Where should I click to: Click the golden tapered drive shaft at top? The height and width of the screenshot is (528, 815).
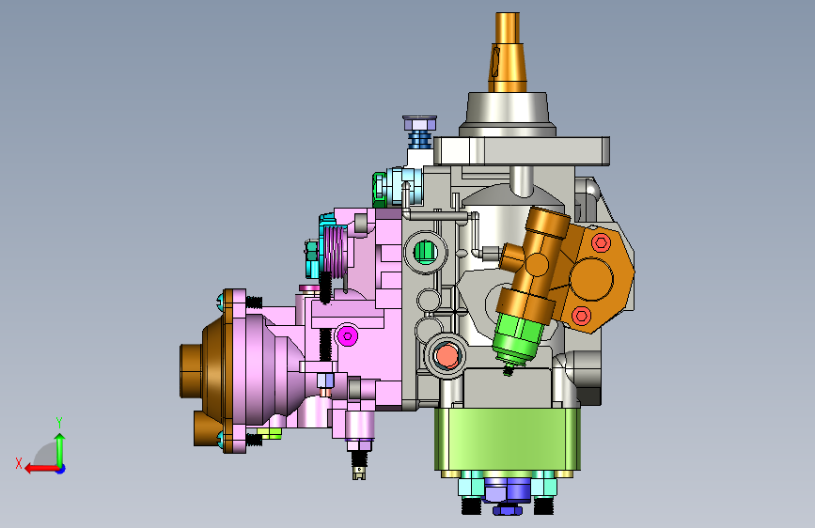(507, 52)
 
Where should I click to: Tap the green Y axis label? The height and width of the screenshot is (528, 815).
(59, 422)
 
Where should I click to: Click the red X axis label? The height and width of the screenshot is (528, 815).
(19, 463)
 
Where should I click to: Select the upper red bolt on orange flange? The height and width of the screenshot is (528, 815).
(601, 242)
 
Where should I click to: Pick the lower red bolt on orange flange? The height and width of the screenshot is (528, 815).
(581, 316)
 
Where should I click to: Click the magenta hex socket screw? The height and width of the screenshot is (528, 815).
(347, 336)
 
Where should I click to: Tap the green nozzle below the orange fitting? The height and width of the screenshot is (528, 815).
(518, 338)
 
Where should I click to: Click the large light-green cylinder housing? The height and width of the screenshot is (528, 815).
(508, 439)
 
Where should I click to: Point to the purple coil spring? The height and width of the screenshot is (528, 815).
(335, 251)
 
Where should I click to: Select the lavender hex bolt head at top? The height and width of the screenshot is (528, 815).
(419, 124)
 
